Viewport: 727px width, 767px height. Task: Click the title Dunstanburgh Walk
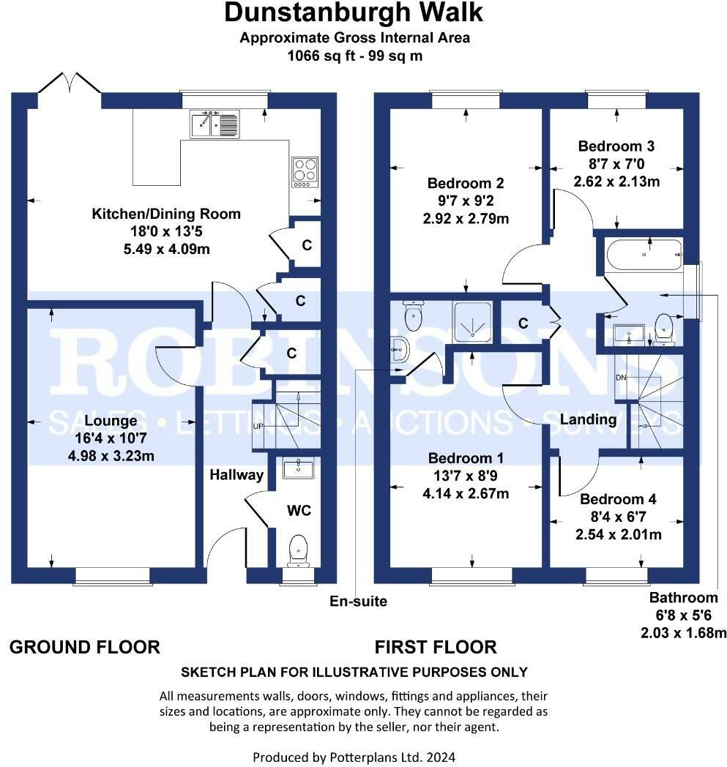pyautogui.click(x=354, y=13)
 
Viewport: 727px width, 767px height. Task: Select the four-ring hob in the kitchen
pyautogui.click(x=305, y=171)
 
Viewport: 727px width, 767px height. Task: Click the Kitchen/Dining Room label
pyautogui.click(x=165, y=214)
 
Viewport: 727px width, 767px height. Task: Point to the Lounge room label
pyautogui.click(x=111, y=421)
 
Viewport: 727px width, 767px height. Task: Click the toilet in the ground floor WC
pyautogui.click(x=298, y=550)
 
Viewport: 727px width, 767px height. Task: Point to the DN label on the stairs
pyautogui.click(x=622, y=377)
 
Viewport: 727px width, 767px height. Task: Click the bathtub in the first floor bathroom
pyautogui.click(x=644, y=255)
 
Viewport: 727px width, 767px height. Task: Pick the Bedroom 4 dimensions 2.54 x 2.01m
pyautogui.click(x=619, y=534)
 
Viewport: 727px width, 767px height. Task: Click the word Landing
pyautogui.click(x=588, y=419)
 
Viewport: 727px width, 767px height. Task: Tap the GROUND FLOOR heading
pyautogui.click(x=84, y=647)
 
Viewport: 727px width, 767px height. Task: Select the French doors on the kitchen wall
pyautogui.click(x=70, y=89)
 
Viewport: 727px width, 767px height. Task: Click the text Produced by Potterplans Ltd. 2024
pyautogui.click(x=354, y=756)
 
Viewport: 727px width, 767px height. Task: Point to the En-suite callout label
pyautogui.click(x=358, y=602)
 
